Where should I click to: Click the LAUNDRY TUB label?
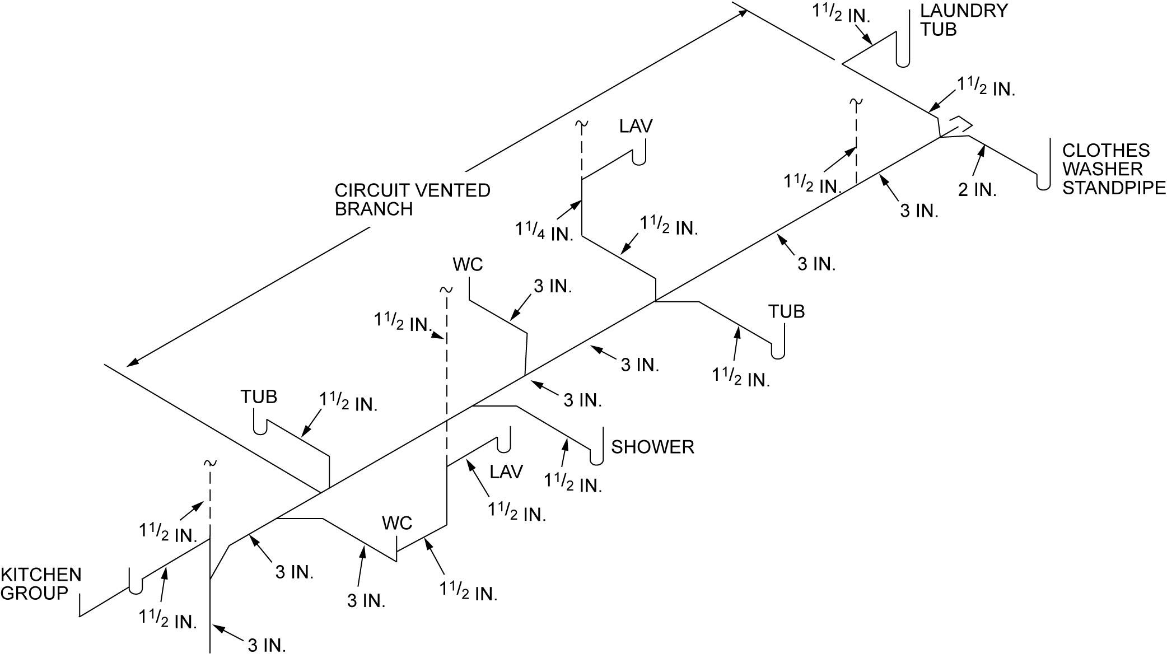coord(963,20)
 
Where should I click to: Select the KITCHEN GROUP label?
coord(40,584)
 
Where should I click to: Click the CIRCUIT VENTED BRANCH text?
coord(412,199)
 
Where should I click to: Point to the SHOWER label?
coord(652,447)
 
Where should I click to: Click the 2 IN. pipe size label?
coord(977,190)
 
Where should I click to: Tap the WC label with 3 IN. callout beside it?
coord(468,264)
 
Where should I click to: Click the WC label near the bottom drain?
coord(396,523)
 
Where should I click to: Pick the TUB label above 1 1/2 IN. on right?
coord(786,311)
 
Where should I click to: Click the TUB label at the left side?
coord(259,396)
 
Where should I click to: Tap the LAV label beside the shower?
coord(506,472)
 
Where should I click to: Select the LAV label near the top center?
coord(636,126)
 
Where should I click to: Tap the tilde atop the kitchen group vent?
coord(210,463)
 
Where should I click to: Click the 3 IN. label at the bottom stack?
coord(267,645)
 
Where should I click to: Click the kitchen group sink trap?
coord(136,589)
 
